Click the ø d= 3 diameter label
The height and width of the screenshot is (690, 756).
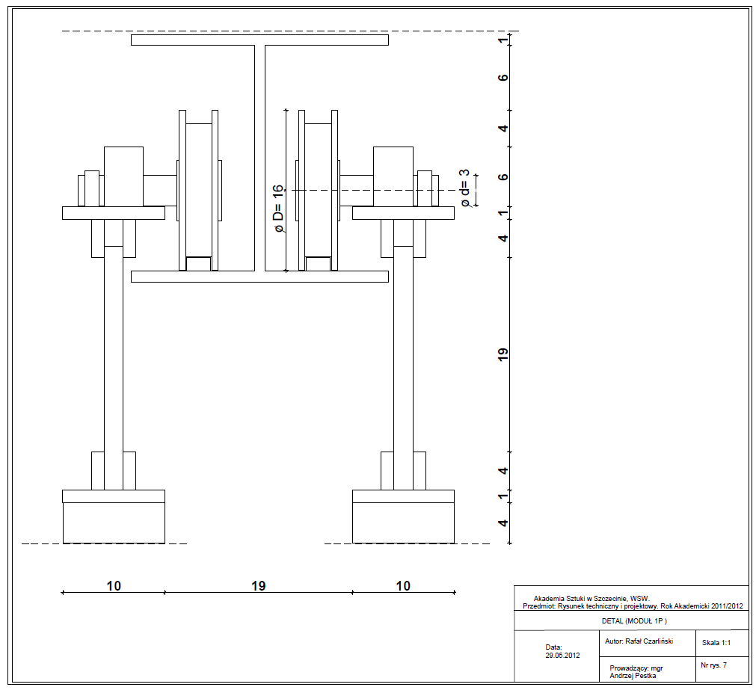tap(465, 188)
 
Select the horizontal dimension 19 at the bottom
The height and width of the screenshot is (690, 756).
tap(259, 586)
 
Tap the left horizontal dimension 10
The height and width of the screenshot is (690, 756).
tap(114, 586)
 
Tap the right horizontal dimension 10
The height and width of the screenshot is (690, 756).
tap(403, 586)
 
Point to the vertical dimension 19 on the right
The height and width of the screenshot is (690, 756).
tap(503, 354)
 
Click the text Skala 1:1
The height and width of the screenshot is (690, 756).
tap(716, 643)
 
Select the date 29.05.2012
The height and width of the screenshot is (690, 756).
tap(562, 656)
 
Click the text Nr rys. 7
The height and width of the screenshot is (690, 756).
tap(713, 665)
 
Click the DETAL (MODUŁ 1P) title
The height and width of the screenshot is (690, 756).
tap(634, 621)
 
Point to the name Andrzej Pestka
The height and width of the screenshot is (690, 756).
tap(633, 676)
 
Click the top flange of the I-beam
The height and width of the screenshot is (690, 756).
tap(260, 40)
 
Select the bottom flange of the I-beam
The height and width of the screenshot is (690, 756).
tap(260, 277)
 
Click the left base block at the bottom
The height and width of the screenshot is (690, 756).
tap(114, 523)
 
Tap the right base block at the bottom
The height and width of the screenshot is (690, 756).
tap(404, 523)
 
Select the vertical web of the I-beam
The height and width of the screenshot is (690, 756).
tap(260, 158)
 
